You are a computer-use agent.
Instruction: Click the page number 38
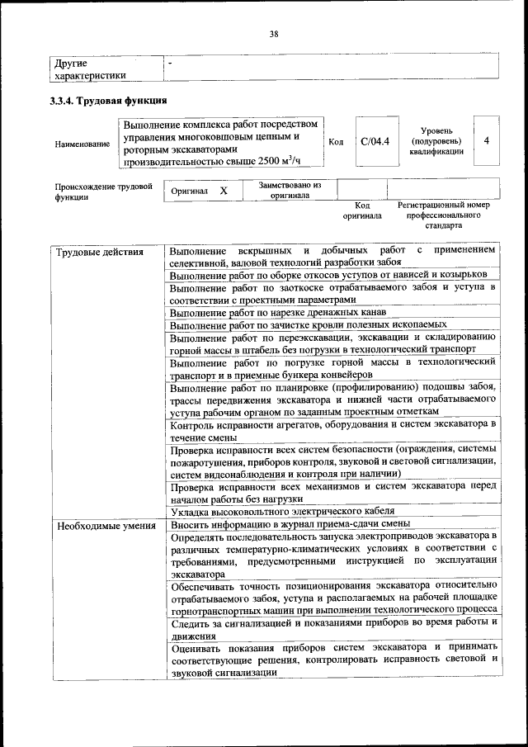coord(273,34)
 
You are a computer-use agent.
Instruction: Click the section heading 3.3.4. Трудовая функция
coord(108,101)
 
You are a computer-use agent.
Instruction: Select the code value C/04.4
coord(375,141)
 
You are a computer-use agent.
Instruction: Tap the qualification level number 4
coord(487,140)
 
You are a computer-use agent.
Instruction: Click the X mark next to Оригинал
coord(223,191)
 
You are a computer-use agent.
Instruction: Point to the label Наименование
coord(82,144)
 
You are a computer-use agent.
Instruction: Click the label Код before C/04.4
coord(336,141)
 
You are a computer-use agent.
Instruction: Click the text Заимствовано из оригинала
coord(289,191)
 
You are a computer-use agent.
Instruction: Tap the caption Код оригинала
coord(362,210)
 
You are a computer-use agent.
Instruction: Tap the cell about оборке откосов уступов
coord(328,274)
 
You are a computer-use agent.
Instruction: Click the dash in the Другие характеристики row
coord(170,63)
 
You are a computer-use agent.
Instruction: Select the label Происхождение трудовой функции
coord(104,192)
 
